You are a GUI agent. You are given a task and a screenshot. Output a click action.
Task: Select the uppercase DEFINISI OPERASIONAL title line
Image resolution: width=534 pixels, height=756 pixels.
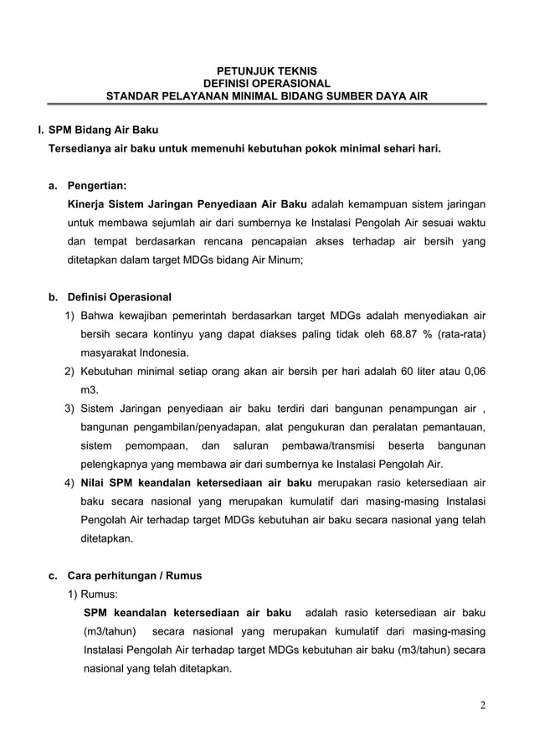267,83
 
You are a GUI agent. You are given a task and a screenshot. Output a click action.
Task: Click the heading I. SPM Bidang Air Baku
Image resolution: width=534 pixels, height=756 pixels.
92,131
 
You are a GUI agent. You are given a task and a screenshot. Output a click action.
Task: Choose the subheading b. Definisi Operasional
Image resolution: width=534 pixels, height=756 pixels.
110,297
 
